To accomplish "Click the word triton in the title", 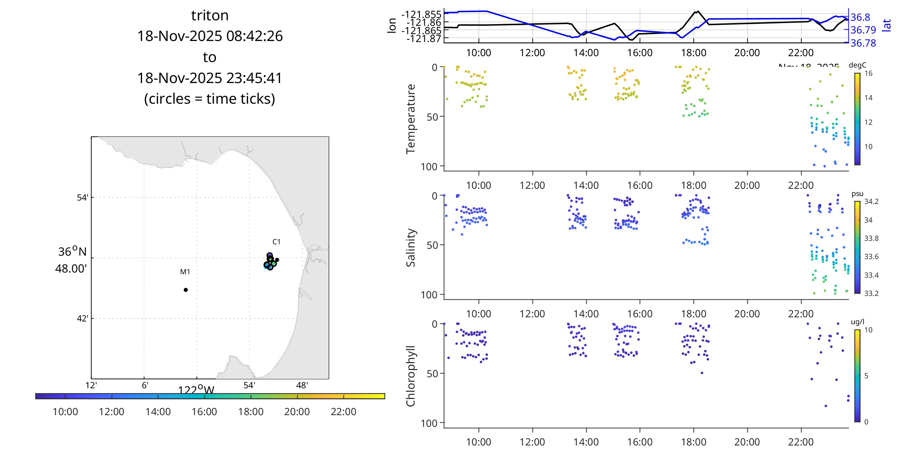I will (x=210, y=16).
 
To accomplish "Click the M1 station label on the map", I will (x=185, y=271).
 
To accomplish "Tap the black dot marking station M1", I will (x=186, y=290).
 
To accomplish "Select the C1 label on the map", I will (x=276, y=242).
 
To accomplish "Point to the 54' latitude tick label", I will (x=82, y=197).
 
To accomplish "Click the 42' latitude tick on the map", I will (x=82, y=319).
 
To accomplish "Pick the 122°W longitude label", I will (x=196, y=390).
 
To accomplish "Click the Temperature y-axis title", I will (x=410, y=119).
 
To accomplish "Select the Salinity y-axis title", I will (x=410, y=248).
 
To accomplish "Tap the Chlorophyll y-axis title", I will (x=410, y=376).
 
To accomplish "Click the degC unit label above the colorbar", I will (x=857, y=65).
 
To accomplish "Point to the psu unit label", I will (x=857, y=194).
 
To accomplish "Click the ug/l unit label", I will (x=857, y=322).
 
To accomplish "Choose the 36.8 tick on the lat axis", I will (x=861, y=17).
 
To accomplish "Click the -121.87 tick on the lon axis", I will (x=424, y=38).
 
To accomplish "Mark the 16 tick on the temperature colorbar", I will (x=868, y=73).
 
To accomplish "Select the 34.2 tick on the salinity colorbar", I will (x=871, y=202).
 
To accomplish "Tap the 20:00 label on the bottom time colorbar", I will (x=297, y=412).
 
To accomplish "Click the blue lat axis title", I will (x=887, y=25).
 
